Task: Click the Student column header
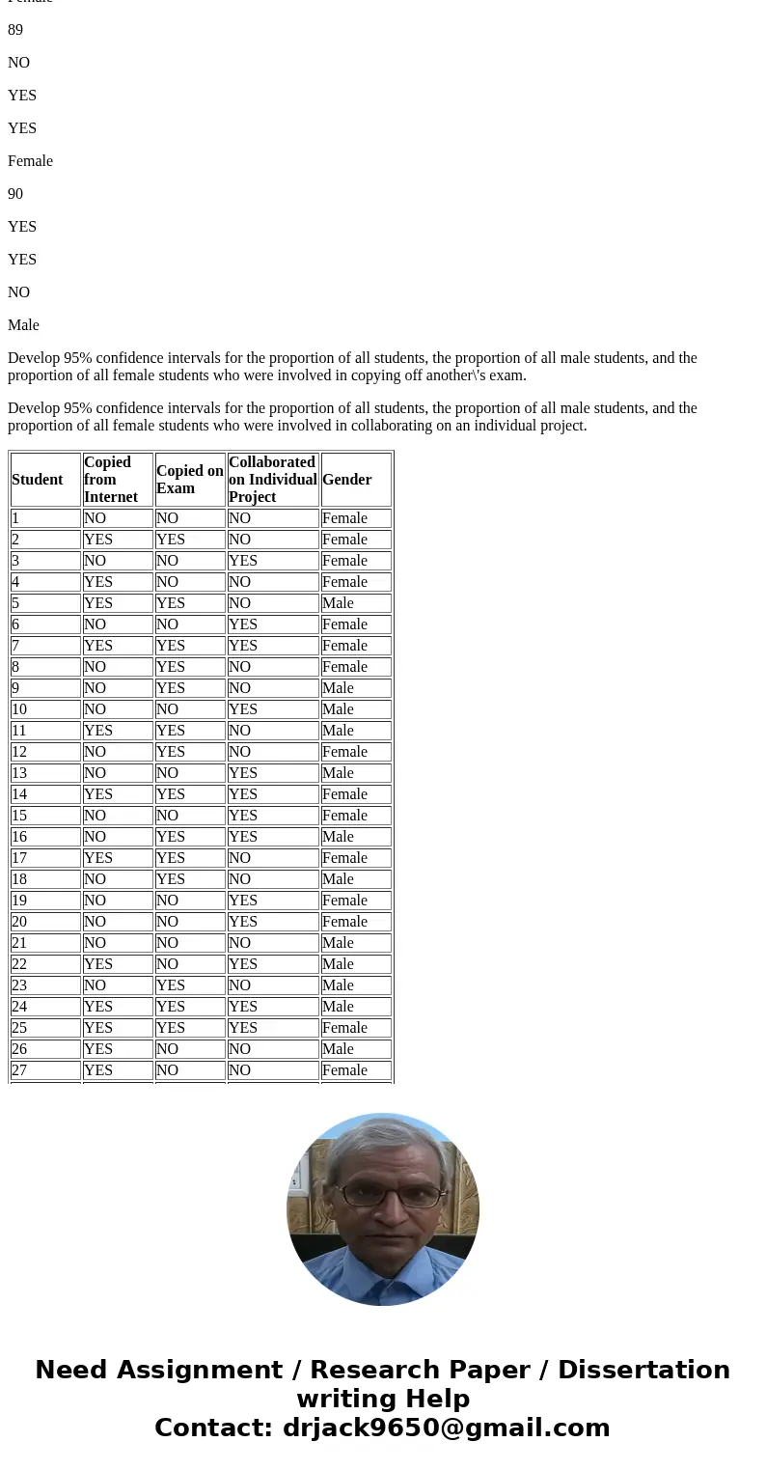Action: click(x=38, y=480)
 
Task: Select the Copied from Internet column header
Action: click(x=111, y=480)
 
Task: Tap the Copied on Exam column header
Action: click(x=189, y=480)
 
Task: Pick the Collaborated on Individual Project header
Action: click(x=272, y=480)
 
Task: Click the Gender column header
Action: click(x=347, y=480)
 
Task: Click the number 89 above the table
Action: click(x=15, y=30)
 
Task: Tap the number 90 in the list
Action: click(x=15, y=194)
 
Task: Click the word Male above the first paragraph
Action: click(x=23, y=325)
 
